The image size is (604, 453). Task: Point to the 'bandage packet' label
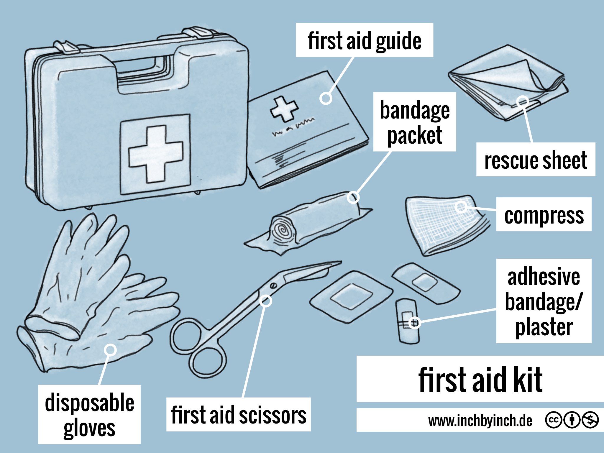pos(415,122)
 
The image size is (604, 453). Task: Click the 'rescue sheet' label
pos(536,160)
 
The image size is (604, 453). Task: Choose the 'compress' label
pos(544,215)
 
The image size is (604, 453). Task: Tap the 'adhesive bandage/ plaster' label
pos(544,301)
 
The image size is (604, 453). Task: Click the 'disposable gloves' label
pos(89,414)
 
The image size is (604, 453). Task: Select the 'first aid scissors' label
pos(238,414)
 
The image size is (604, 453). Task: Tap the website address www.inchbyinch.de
pos(480,421)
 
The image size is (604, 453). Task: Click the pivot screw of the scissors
pos(273,285)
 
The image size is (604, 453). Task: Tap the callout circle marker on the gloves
pos(110,350)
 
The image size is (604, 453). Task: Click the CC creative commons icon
pos(553,420)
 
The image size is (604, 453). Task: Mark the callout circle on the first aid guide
pos(326,98)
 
